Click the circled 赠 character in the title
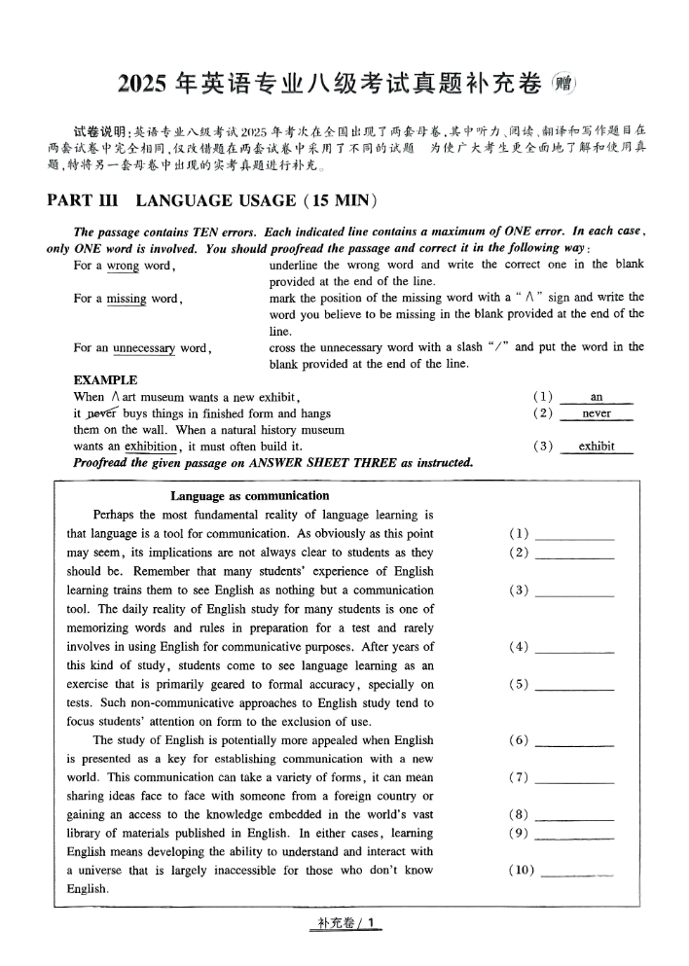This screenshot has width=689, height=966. [563, 84]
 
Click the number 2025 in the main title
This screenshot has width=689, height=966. [142, 85]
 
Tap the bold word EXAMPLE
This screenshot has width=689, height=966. [105, 380]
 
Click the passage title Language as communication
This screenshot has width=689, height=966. [249, 496]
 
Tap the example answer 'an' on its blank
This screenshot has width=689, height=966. [597, 397]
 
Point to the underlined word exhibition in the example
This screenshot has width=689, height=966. [150, 447]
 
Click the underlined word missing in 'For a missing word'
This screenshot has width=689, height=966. [127, 299]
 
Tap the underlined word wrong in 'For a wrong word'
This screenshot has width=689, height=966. [123, 266]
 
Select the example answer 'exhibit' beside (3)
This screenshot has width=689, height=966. [597, 447]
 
